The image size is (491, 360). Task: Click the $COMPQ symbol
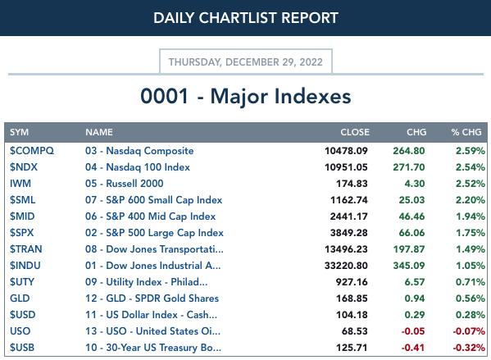[x=32, y=151]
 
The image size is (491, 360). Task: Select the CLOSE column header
[x=355, y=132]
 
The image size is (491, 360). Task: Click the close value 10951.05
[x=346, y=167]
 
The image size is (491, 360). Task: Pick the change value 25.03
[x=411, y=200]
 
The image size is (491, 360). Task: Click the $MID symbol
[x=22, y=216]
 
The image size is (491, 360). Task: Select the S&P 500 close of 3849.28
[x=349, y=233]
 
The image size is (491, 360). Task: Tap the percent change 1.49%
[x=470, y=249]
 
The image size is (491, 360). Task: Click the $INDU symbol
[x=25, y=266]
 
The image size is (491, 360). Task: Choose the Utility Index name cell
[x=146, y=282]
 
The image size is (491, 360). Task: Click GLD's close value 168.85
[x=352, y=298]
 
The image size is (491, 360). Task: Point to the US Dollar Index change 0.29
[x=415, y=315]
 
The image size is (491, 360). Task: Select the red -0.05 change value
[x=413, y=331]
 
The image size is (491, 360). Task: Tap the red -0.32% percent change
[x=469, y=348]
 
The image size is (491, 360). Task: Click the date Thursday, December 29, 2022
[x=246, y=62]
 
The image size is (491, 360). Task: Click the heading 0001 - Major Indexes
[x=246, y=96]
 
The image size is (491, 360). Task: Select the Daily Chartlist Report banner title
[x=246, y=18]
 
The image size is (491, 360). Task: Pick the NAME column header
[x=99, y=132]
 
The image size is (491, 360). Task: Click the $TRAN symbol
[x=25, y=249]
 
